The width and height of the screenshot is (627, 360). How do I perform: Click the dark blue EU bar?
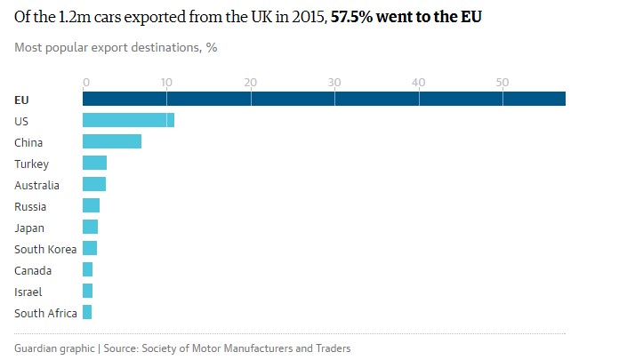324,99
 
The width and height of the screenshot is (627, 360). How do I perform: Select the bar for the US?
128,120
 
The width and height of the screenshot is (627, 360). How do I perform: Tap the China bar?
112,141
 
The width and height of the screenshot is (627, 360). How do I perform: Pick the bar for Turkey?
94,163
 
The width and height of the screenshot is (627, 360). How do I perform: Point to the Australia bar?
94,184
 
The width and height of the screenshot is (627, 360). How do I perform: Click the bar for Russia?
91,205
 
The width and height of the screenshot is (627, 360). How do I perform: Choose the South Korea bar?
90,248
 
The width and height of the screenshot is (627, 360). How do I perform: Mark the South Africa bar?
87,312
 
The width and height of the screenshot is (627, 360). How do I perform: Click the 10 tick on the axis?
166,83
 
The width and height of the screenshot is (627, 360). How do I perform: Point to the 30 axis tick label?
334,83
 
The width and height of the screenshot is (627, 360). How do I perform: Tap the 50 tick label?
502,83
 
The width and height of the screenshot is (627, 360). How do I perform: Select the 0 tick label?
86,83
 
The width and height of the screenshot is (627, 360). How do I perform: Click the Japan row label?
29,228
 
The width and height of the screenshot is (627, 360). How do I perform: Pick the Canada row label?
33,270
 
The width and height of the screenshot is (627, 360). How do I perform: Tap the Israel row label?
28,292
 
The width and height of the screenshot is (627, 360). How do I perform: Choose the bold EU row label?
22,100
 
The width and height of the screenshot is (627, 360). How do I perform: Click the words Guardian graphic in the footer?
53,348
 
